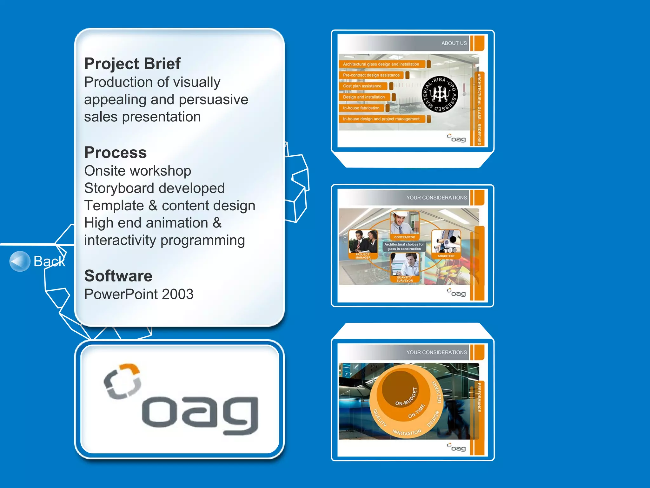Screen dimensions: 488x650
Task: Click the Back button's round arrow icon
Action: click(20, 261)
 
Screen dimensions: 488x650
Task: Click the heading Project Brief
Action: click(132, 64)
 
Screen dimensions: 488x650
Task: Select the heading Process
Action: click(116, 152)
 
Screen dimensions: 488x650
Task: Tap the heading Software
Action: click(118, 276)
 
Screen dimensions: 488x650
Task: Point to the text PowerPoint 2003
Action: click(139, 294)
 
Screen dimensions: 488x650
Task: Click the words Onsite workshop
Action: click(137, 171)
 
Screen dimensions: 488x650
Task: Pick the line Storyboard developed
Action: click(154, 188)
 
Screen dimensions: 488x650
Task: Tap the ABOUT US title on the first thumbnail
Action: click(454, 43)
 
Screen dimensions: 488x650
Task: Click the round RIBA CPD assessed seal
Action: click(440, 94)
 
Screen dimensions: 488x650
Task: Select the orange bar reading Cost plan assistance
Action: click(363, 86)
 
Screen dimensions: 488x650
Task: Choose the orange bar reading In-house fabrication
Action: click(361, 108)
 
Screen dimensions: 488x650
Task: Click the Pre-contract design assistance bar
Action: click(371, 75)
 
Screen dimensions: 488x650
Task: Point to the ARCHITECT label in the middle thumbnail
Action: click(446, 256)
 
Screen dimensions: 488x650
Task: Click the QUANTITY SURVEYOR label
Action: click(404, 279)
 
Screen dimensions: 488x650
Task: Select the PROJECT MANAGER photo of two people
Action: click(363, 241)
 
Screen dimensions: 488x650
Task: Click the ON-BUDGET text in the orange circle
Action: click(406, 397)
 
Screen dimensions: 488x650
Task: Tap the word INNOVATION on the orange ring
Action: click(407, 432)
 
